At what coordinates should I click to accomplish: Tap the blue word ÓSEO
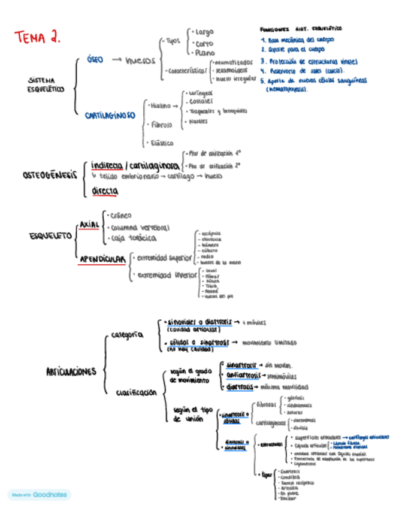tap(95, 60)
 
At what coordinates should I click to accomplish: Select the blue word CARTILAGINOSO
tap(110, 116)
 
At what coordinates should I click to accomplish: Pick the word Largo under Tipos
tap(203, 32)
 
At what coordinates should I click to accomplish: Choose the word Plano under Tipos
tap(204, 53)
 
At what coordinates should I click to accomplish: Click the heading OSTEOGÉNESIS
tap(51, 175)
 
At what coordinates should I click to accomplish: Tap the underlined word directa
tap(105, 191)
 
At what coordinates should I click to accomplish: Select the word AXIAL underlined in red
tap(89, 224)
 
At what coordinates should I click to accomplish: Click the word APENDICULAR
tap(103, 259)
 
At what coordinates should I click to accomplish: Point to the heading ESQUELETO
tap(50, 236)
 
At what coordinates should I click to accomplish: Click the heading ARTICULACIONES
tap(71, 371)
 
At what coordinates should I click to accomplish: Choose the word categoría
tap(128, 335)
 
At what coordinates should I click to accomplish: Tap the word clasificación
tap(137, 392)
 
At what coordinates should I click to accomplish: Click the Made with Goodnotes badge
tap(39, 495)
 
